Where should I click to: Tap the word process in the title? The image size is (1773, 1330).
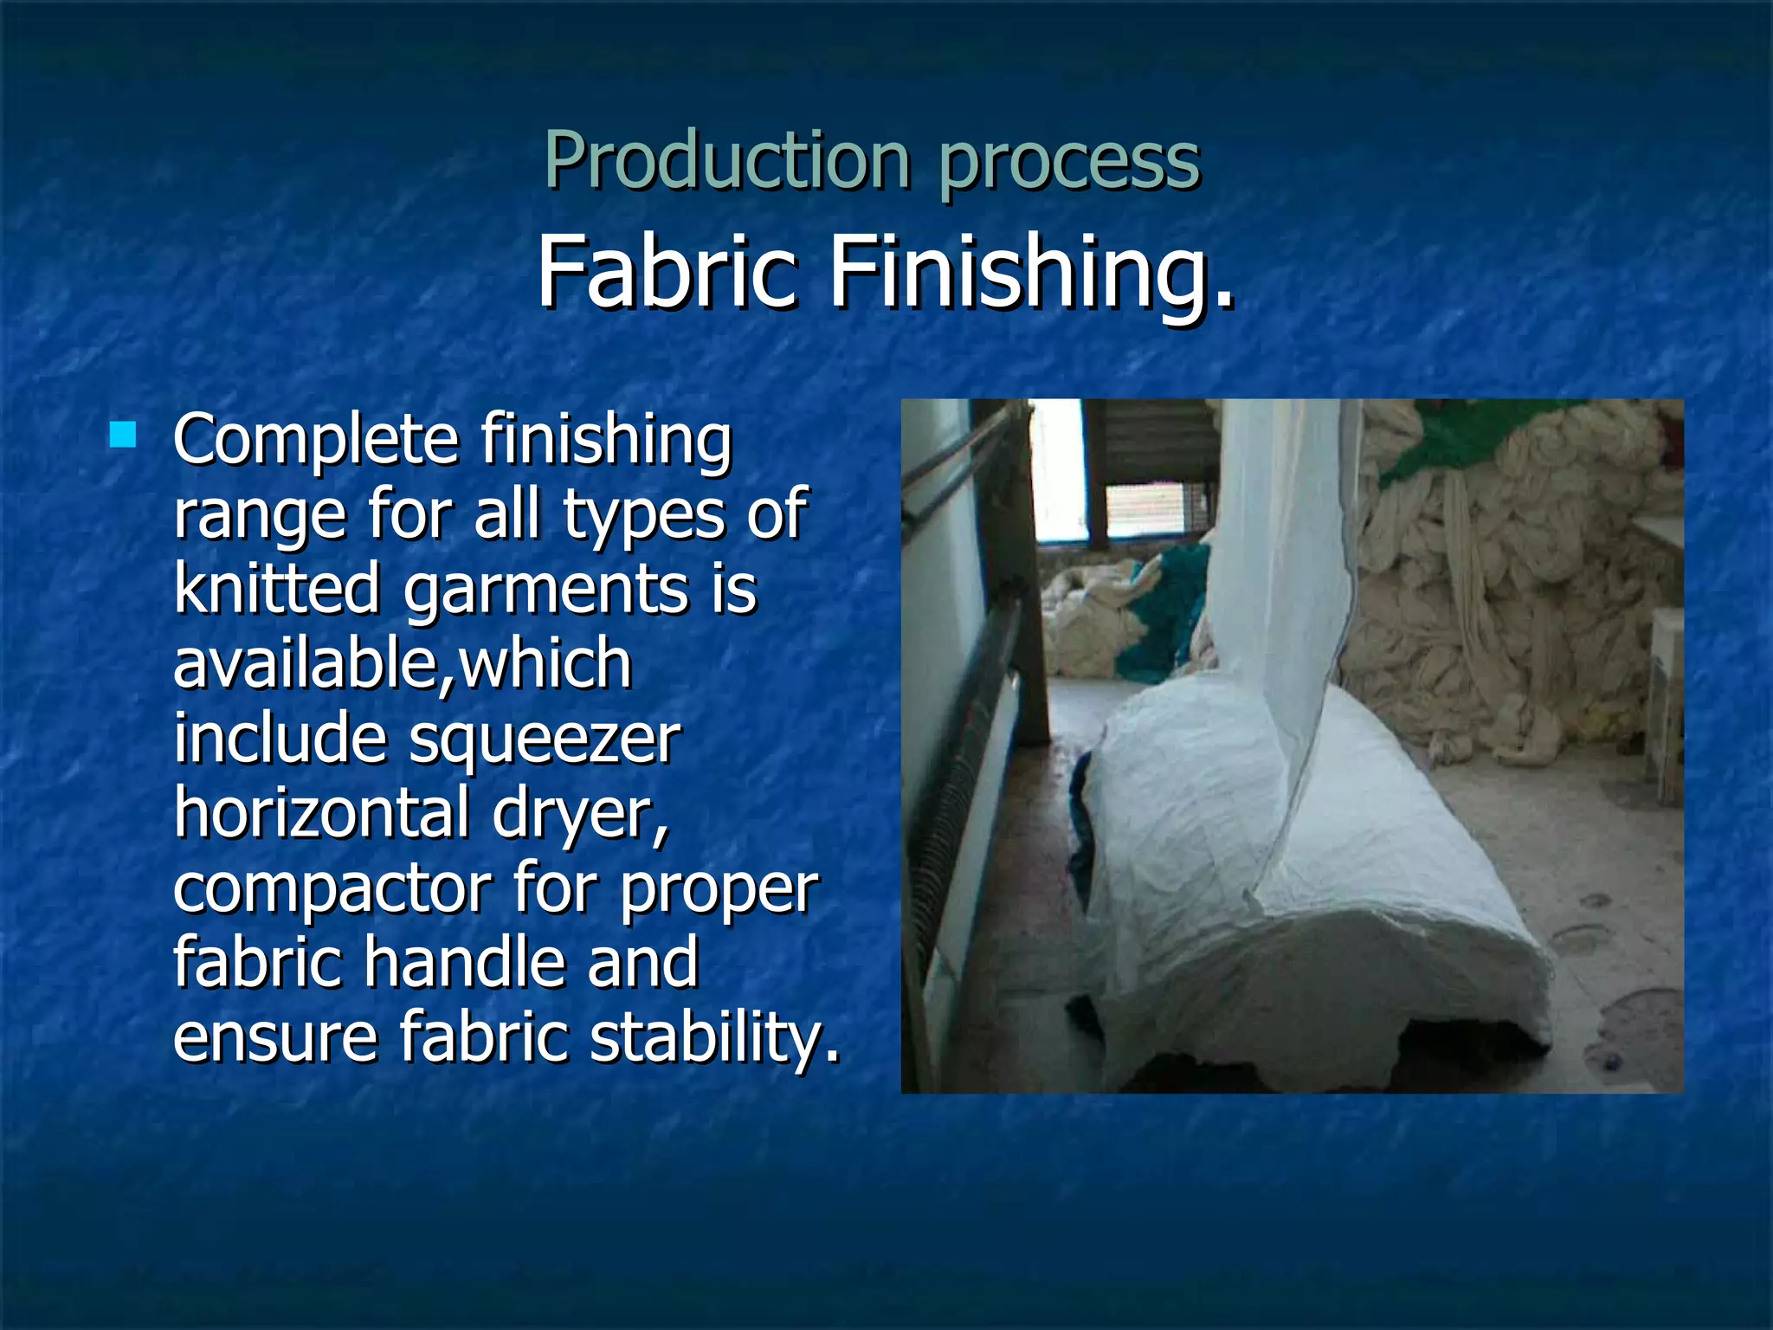coord(1068,165)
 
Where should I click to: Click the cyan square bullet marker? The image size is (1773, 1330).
coord(124,434)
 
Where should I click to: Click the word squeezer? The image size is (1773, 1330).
coord(545,740)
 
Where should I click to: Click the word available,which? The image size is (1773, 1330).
coord(402,663)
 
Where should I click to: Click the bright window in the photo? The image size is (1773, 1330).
coord(1058,472)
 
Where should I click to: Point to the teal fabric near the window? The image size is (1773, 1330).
coord(1160,615)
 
